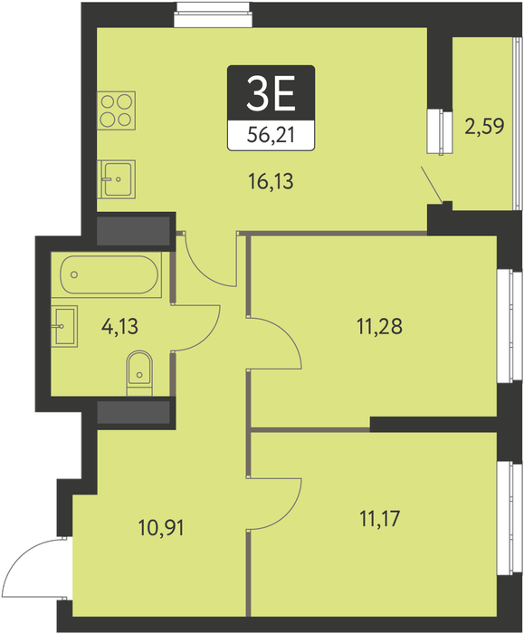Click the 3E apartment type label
(272, 94)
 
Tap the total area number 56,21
(271, 135)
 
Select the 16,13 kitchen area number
(271, 181)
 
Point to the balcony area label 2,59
(484, 126)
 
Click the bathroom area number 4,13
(120, 326)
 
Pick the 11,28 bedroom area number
(380, 326)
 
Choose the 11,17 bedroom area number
(380, 518)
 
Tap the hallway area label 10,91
(161, 528)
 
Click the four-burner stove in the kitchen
(117, 110)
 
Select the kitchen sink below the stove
(117, 179)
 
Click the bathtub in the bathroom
(110, 274)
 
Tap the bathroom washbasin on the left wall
(64, 326)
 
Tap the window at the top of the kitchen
(213, 14)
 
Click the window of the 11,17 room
(510, 518)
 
